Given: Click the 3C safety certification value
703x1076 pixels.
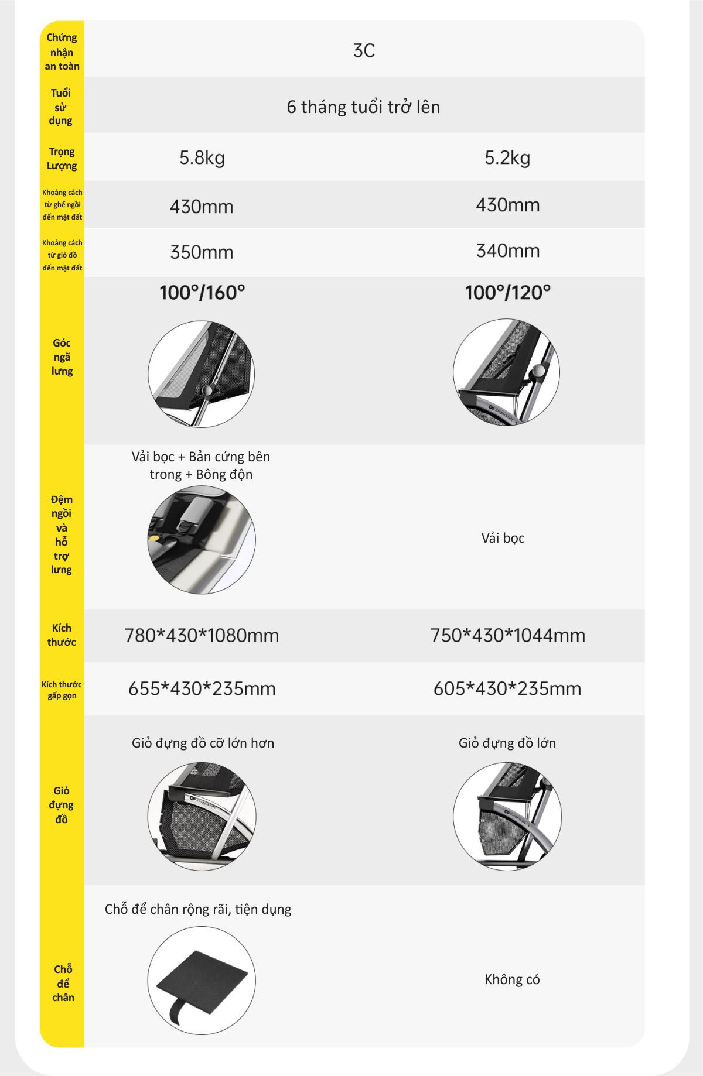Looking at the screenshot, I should [x=364, y=51].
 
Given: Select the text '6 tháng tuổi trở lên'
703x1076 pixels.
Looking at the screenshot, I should [x=363, y=107].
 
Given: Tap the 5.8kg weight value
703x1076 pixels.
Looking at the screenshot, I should [x=202, y=158].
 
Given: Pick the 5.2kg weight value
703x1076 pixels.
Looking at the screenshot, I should [x=507, y=158].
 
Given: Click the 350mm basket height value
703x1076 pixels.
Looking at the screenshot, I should [x=202, y=252].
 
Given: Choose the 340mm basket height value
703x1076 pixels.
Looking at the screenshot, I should [x=507, y=251].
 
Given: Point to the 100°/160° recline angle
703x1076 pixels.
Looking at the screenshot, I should [x=202, y=293].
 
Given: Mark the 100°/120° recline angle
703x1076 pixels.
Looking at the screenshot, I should [x=507, y=293].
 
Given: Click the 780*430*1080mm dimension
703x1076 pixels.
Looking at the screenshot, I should [x=202, y=635].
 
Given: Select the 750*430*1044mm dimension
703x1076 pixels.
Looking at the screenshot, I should [x=507, y=635].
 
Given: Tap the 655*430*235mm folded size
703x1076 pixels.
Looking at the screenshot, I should [x=202, y=688].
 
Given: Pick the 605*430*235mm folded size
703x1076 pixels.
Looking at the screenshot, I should [x=507, y=688].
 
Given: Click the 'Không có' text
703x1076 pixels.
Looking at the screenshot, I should [x=512, y=979].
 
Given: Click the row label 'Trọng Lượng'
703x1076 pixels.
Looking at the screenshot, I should [x=62, y=159].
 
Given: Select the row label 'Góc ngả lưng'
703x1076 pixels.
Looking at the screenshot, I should [x=62, y=357].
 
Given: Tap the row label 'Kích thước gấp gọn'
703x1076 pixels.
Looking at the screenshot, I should [x=62, y=690].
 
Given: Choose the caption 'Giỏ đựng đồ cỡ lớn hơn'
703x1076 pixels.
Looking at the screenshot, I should [x=203, y=743].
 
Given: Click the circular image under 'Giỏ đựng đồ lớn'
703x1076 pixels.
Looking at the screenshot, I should [x=507, y=816].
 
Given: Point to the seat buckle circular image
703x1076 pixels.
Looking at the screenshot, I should [x=202, y=539].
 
